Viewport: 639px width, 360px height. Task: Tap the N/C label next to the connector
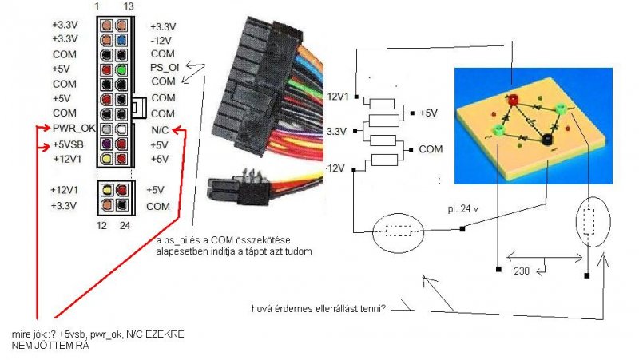tap(161, 128)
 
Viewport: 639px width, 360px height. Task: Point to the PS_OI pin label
tap(165, 67)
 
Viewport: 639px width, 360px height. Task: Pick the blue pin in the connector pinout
tap(121, 37)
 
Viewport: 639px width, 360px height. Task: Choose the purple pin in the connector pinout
tap(105, 144)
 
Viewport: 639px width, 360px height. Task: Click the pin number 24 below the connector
tap(126, 225)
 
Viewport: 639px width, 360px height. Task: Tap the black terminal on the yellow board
tap(547, 140)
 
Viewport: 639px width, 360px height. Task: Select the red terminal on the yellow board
tap(513, 98)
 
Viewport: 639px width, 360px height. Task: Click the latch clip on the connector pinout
tap(139, 105)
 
